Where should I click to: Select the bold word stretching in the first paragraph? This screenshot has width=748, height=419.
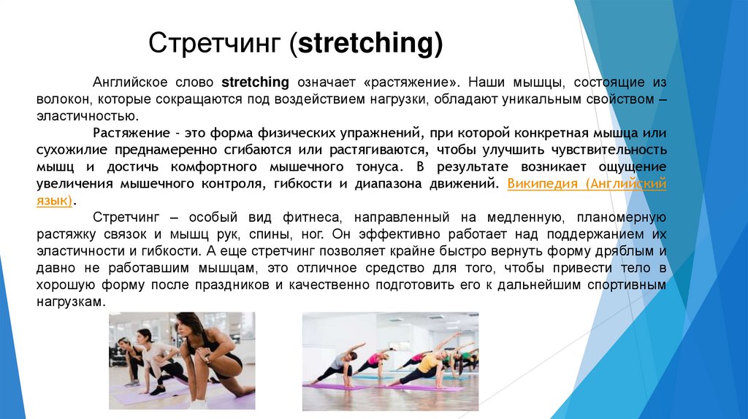click(255, 82)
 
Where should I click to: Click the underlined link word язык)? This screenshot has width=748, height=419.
click(55, 200)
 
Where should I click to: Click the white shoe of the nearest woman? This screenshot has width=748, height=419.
click(196, 403)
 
